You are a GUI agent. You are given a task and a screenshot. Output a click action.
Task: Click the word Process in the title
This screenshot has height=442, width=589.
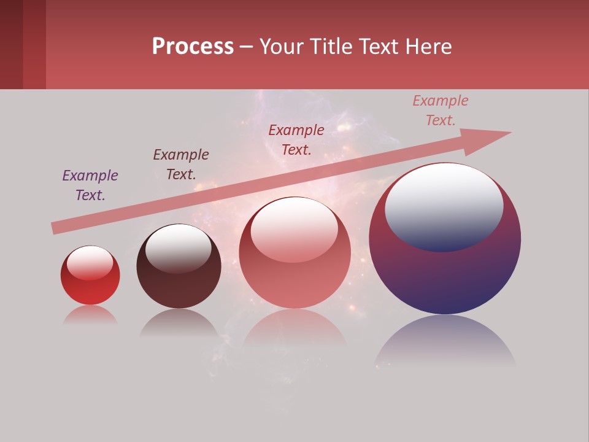click(193, 47)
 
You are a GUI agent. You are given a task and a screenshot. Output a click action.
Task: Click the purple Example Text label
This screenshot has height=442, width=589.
click(90, 185)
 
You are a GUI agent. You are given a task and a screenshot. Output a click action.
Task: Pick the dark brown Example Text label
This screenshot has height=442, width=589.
click(181, 165)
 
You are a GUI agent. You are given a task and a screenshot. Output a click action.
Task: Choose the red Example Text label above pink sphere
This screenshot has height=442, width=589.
click(296, 140)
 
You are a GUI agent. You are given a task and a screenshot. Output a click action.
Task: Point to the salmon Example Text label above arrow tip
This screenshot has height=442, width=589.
click(441, 110)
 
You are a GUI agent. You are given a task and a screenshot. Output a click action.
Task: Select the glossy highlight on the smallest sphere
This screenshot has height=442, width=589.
click(90, 263)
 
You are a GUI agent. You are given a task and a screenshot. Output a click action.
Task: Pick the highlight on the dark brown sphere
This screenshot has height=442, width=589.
click(179, 247)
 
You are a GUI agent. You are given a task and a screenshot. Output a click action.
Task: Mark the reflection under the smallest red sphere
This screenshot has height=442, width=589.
click(90, 316)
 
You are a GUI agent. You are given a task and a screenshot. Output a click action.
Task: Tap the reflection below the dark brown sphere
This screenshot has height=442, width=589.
click(179, 323)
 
